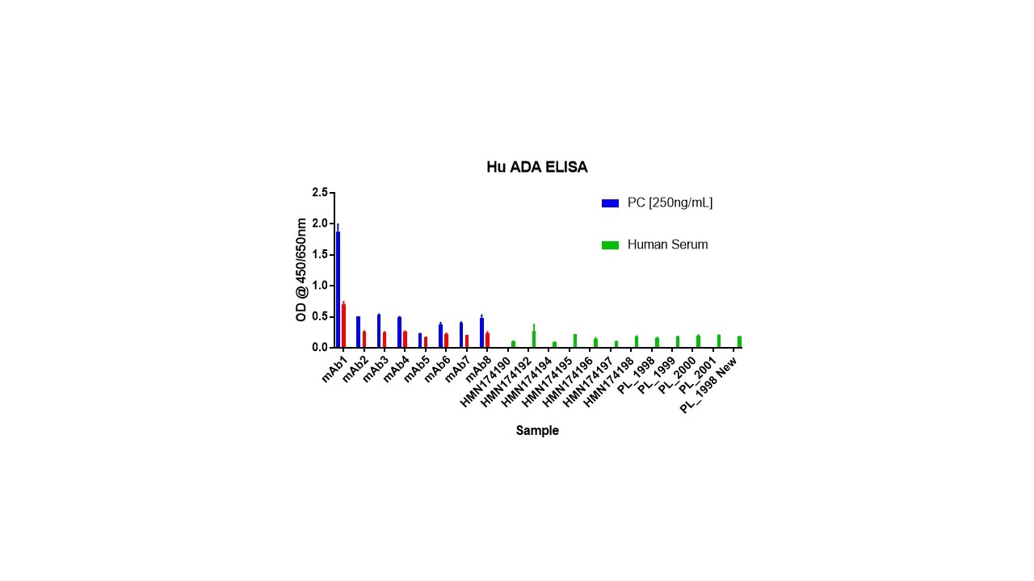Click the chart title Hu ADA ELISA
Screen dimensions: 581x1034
(536, 168)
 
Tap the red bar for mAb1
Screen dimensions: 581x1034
(344, 325)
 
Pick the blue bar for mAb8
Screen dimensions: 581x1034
(481, 332)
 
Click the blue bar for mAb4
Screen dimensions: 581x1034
(399, 332)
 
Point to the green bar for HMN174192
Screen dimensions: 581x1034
(534, 339)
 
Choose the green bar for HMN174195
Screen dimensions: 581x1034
(575, 341)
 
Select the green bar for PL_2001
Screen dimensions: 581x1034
(719, 341)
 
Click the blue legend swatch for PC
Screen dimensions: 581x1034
(610, 203)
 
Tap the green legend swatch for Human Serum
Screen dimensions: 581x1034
(610, 245)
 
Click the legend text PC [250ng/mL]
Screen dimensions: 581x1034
(670, 203)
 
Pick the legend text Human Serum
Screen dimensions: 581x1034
(667, 245)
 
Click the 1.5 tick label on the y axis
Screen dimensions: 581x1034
(320, 255)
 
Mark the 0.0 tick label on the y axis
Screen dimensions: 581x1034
(320, 348)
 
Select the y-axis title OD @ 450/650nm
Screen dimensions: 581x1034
(301, 270)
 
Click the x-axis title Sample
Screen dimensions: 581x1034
(537, 431)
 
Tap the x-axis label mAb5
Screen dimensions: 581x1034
(416, 370)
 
